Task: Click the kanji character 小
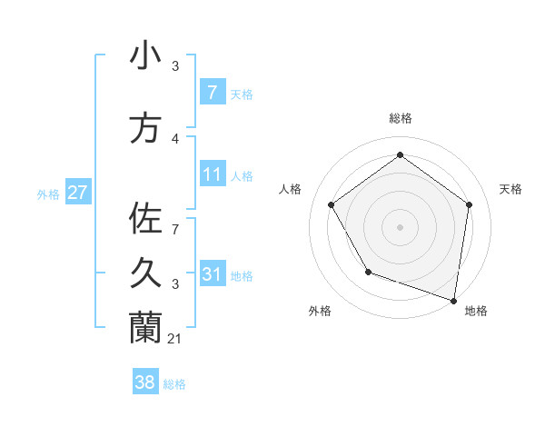(146, 56)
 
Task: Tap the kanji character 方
(146, 129)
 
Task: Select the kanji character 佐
(146, 218)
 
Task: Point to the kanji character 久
(146, 273)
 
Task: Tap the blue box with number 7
(212, 93)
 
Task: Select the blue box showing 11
(212, 174)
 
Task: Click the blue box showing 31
(212, 273)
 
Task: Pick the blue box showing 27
(77, 193)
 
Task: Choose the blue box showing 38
(145, 382)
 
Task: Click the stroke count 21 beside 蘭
(174, 339)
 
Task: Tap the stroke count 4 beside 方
(175, 139)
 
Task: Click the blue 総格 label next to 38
(174, 384)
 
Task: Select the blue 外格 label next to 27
(48, 194)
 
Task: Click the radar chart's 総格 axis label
(400, 118)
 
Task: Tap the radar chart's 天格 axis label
(511, 189)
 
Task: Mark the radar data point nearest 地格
(453, 299)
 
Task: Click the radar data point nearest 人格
(331, 204)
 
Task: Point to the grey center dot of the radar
(400, 226)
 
